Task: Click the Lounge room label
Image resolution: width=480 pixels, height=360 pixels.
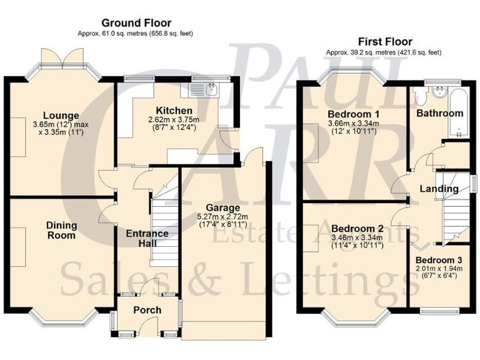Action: [61, 115]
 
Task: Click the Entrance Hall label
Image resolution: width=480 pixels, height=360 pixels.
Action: [147, 239]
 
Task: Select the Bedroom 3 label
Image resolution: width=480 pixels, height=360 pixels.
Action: [439, 260]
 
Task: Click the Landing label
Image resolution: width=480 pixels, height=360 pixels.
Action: [439, 189]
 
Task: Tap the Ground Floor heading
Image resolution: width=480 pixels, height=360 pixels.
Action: [136, 23]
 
